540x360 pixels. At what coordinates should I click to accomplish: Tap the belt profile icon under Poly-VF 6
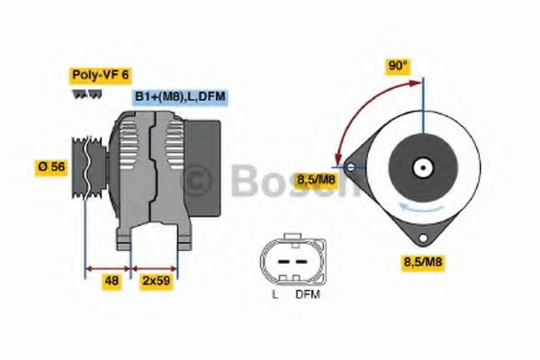point(87,94)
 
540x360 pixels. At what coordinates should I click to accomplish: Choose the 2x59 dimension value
point(155,283)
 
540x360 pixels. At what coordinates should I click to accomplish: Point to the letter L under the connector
point(274,294)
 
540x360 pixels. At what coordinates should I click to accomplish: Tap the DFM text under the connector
point(307,294)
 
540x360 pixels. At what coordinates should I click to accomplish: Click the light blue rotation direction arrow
point(419,209)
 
